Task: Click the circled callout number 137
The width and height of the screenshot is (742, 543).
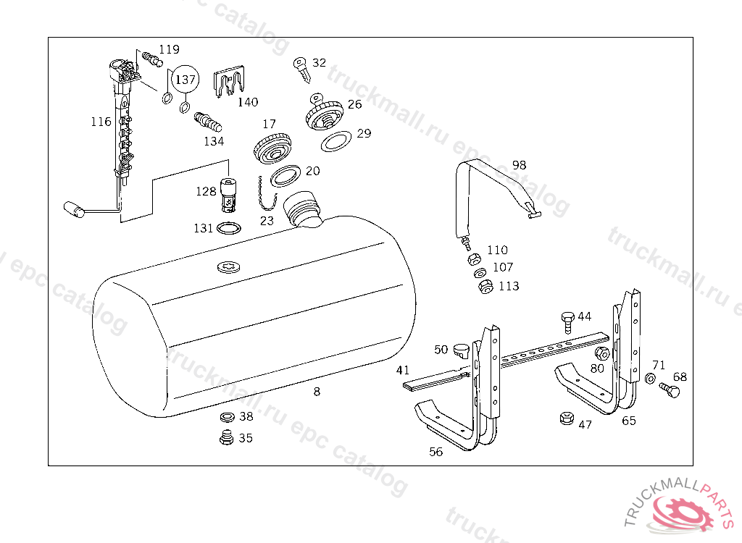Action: (185, 79)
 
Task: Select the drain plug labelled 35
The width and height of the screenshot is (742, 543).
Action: (227, 437)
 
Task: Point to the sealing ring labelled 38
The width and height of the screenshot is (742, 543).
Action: (228, 417)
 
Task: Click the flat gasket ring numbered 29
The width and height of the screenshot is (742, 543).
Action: (336, 141)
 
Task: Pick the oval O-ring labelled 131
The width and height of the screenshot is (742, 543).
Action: (228, 229)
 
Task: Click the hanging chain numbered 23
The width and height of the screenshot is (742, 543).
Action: (266, 195)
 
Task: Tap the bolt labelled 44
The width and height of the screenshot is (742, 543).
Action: (567, 322)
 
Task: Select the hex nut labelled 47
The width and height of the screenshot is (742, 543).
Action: (566, 418)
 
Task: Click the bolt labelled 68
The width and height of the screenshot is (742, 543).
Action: (670, 390)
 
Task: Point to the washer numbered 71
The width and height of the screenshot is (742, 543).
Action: (650, 378)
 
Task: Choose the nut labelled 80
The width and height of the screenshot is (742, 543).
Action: (601, 353)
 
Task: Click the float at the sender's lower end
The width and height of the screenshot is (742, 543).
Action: (74, 209)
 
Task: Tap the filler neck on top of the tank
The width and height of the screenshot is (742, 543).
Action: (302, 209)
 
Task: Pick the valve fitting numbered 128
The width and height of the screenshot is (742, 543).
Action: (229, 195)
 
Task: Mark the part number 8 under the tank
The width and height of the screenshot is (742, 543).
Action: (317, 392)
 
